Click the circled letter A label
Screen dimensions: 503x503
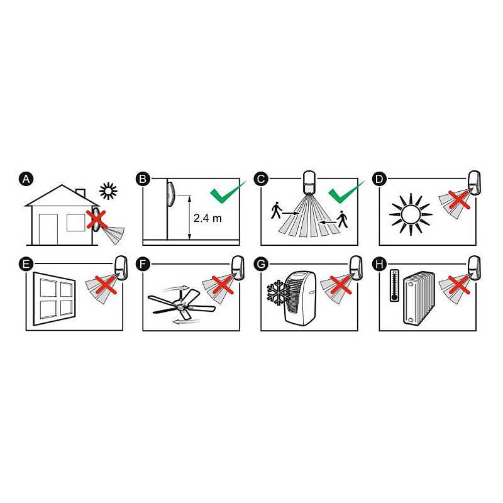click(x=26, y=179)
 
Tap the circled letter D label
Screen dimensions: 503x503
click(x=379, y=179)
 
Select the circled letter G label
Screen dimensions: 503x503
click(x=261, y=262)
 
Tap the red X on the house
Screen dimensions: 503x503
click(x=96, y=219)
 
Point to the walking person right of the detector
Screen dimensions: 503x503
click(x=341, y=219)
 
